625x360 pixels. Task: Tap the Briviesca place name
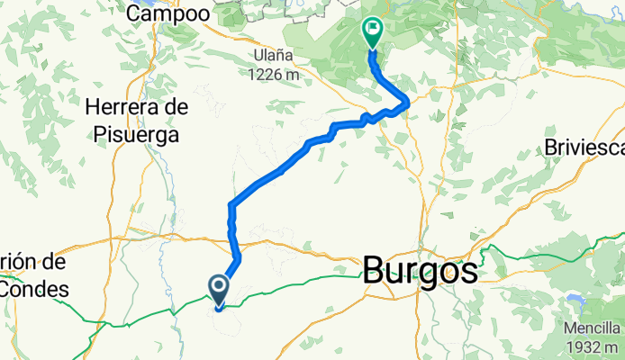[x=584, y=148]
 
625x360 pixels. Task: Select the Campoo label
[x=168, y=13]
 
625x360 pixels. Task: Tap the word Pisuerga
[x=137, y=134]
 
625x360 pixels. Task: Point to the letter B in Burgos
[x=375, y=272]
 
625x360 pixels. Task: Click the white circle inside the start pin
[x=219, y=286]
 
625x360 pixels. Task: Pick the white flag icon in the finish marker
[x=372, y=30]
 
